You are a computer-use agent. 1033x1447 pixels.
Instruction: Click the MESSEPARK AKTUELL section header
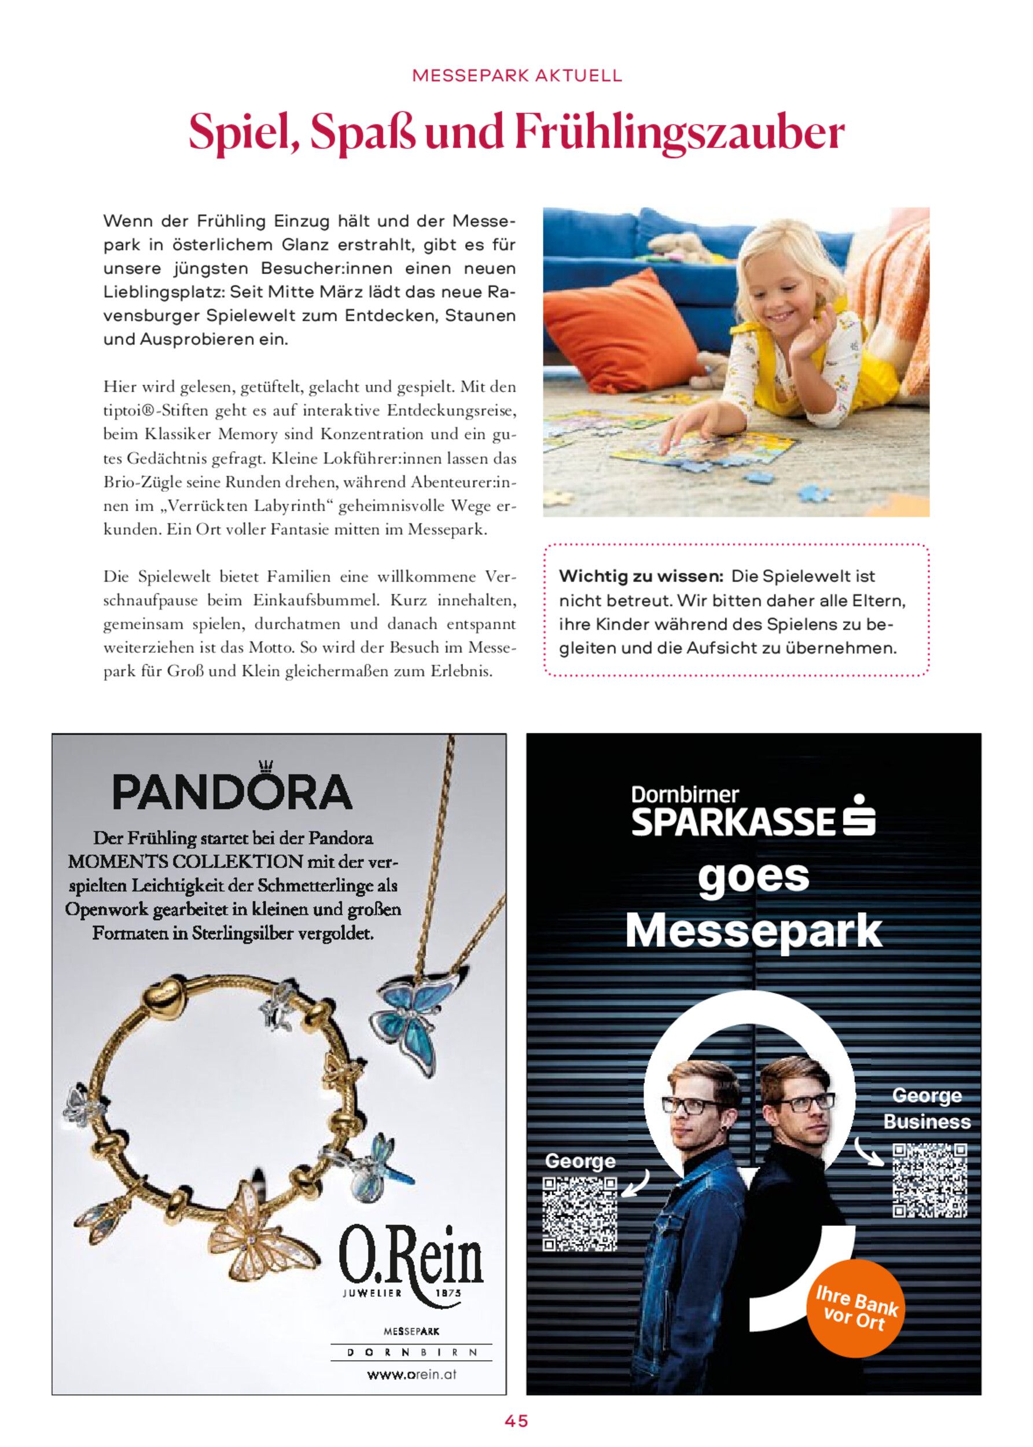point(516,77)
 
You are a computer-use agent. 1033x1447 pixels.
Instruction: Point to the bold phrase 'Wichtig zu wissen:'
point(640,577)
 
